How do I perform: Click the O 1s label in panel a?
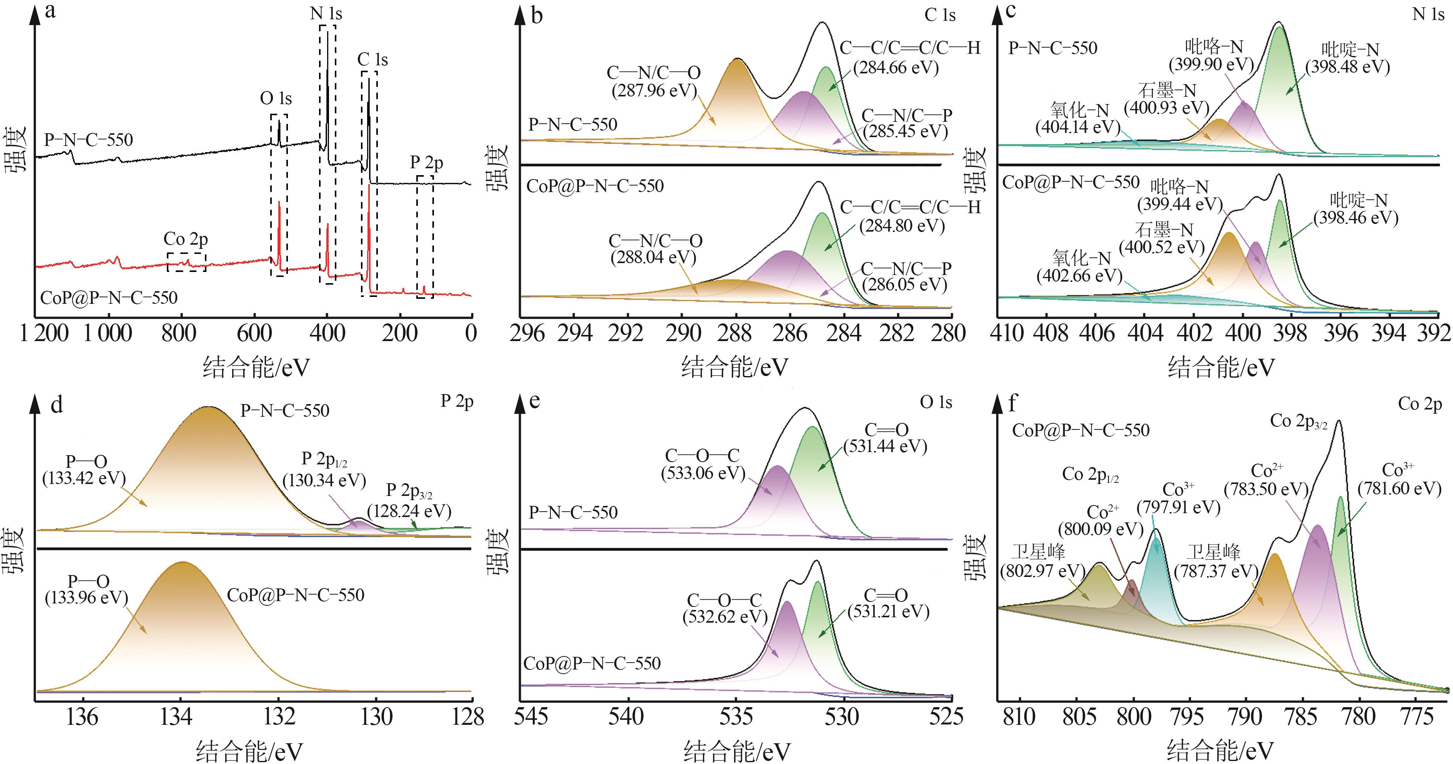click(x=276, y=99)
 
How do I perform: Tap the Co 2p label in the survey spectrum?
click(x=186, y=239)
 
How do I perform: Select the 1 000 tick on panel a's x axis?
click(x=108, y=333)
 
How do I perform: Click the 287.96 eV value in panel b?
click(x=654, y=90)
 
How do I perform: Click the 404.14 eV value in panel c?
click(x=1078, y=127)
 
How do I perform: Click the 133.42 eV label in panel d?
click(x=84, y=478)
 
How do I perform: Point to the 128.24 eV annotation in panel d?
click(x=409, y=511)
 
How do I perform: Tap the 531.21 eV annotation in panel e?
click(x=888, y=612)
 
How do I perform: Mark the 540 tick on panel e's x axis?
click(x=627, y=717)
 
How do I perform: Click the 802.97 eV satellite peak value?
click(x=1043, y=571)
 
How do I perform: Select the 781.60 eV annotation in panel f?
click(x=1400, y=488)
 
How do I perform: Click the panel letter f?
click(x=1013, y=404)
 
